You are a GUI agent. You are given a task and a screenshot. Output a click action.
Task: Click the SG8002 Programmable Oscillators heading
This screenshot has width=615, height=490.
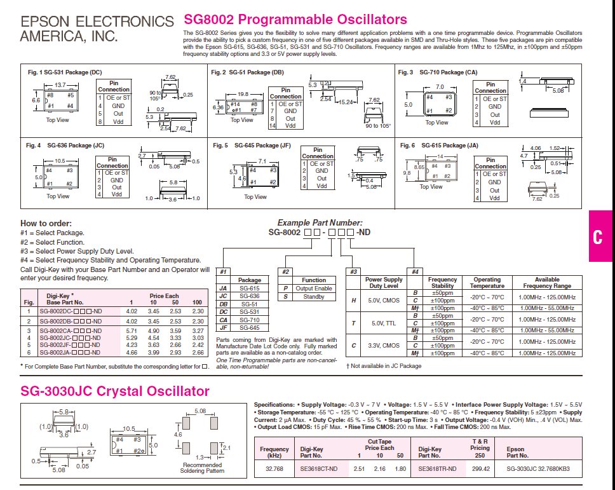tap(295, 20)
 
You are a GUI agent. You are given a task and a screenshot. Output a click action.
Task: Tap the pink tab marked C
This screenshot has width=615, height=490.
tap(597, 237)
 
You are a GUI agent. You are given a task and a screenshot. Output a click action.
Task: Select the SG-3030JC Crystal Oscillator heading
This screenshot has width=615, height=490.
tap(115, 390)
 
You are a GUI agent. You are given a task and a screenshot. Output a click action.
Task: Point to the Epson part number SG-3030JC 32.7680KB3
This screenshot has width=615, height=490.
tap(539, 469)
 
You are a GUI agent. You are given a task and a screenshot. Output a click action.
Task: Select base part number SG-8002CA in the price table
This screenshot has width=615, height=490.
tap(69, 331)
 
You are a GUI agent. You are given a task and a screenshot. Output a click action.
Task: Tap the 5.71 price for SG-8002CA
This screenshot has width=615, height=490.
tap(132, 331)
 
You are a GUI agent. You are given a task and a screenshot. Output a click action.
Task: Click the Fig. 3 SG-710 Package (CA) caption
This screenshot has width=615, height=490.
tap(438, 72)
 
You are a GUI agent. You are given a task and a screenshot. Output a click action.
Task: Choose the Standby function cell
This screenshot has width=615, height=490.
tap(314, 297)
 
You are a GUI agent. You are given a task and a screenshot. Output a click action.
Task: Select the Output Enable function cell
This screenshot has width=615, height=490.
tap(314, 289)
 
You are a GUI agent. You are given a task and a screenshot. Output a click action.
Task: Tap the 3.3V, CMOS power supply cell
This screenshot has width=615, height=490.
tap(384, 345)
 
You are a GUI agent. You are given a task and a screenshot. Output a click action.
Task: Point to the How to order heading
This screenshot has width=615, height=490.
tap(46, 223)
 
